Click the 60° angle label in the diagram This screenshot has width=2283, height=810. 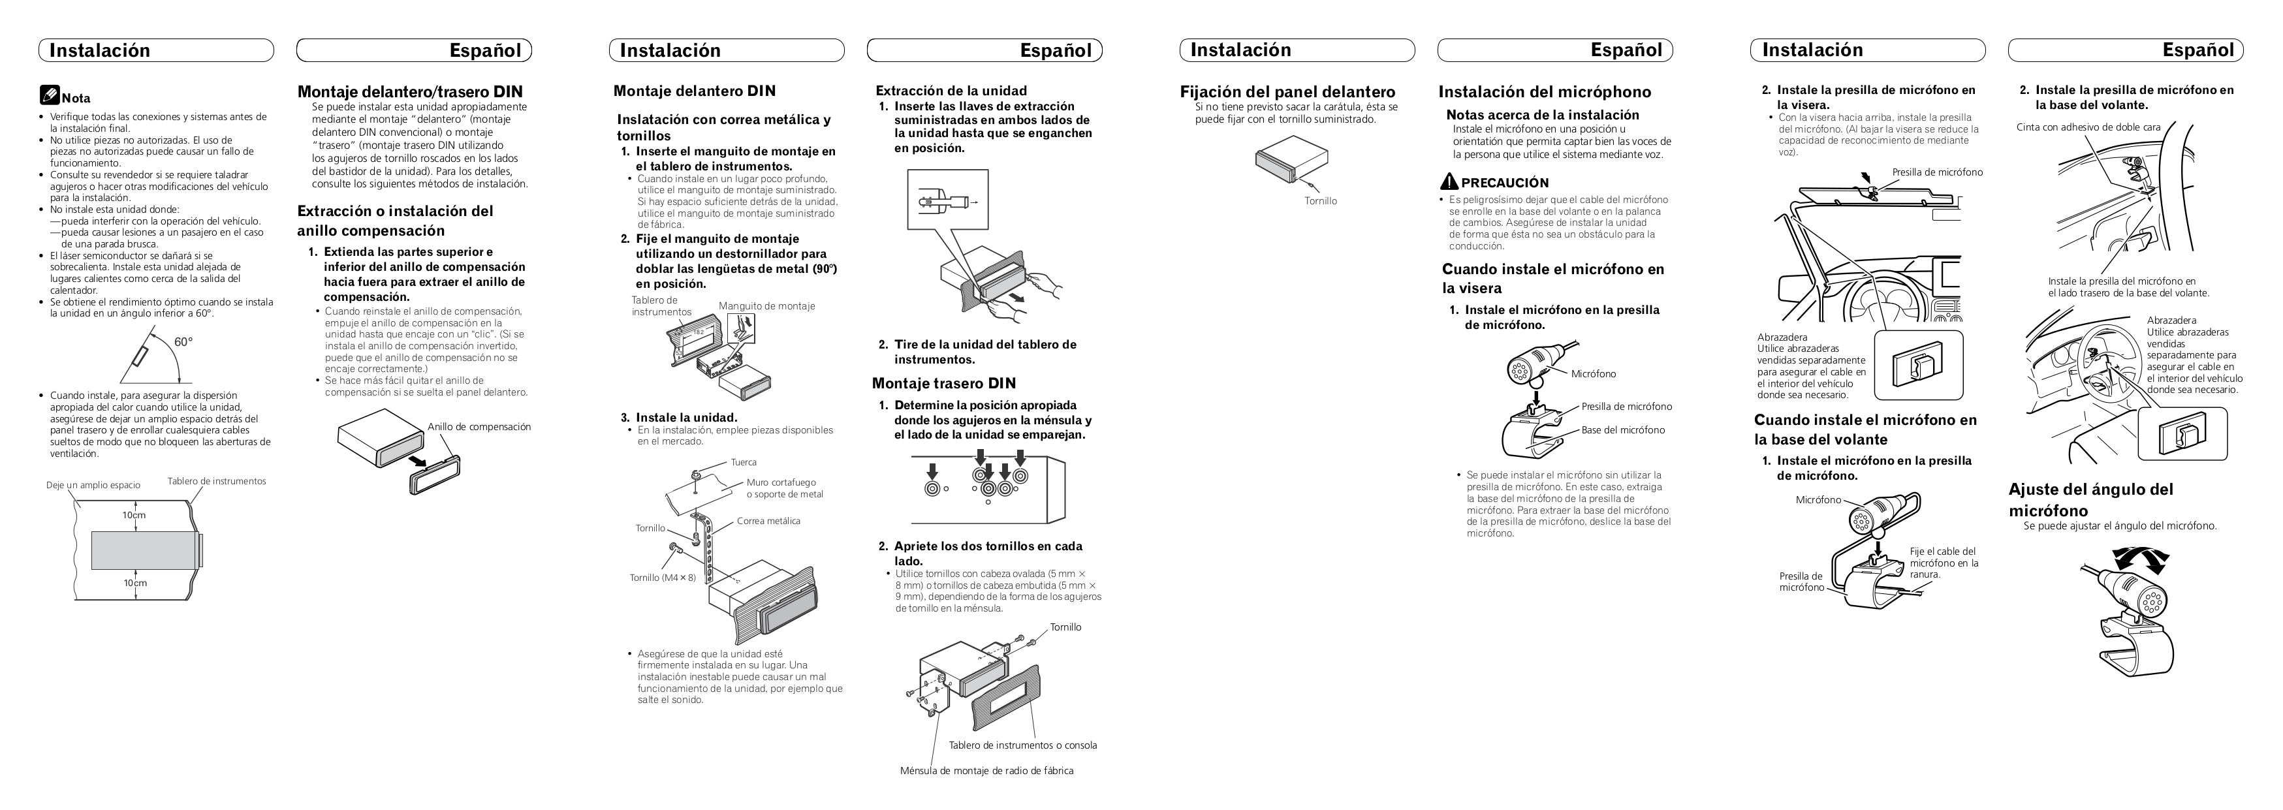(183, 342)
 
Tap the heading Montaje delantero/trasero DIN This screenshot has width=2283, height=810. (409, 91)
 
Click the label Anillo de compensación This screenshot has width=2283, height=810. (479, 426)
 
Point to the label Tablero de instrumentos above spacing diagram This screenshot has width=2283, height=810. (216, 481)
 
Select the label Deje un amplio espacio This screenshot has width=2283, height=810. (93, 485)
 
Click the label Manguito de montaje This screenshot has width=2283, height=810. (766, 305)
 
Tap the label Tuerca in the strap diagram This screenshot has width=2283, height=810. (744, 461)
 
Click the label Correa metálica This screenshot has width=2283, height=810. (768, 521)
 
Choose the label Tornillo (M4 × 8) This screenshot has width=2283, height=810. (662, 578)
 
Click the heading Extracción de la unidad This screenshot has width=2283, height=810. (951, 90)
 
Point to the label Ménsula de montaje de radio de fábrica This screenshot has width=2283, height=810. (986, 770)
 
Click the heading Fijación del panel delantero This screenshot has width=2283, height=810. (1287, 92)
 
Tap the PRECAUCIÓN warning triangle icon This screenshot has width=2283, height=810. (1449, 181)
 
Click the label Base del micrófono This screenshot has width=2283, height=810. (1623, 430)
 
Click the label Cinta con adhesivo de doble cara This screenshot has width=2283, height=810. (2088, 127)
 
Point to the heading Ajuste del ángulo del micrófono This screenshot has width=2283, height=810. (2090, 499)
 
